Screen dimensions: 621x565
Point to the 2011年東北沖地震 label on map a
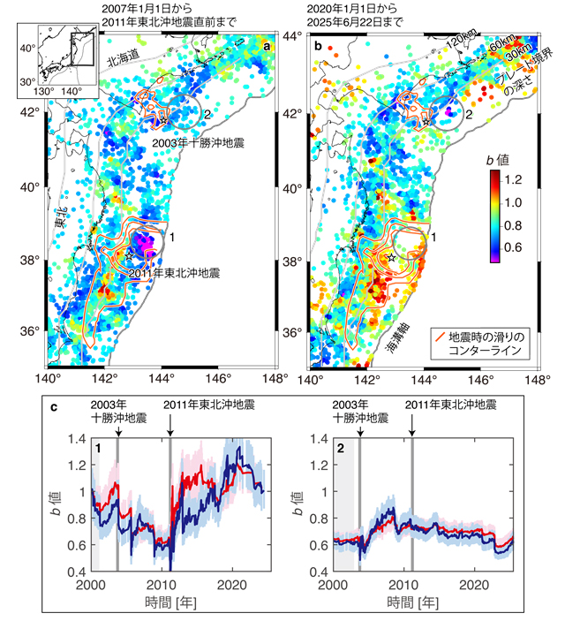click(x=174, y=275)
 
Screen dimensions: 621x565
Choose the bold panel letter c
click(x=56, y=407)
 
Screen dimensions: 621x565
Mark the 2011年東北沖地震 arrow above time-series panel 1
click(x=170, y=429)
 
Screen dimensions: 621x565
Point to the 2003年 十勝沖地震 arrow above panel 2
click(x=360, y=429)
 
